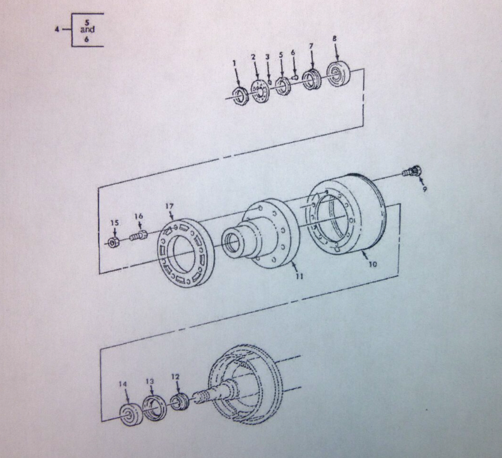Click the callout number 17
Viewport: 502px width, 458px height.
[169, 206]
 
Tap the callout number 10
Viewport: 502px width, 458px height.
[373, 264]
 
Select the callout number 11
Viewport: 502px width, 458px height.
[300, 276]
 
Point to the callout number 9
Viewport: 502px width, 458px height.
[425, 189]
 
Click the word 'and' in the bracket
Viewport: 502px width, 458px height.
[87, 30]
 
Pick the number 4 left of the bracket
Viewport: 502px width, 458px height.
[57, 29]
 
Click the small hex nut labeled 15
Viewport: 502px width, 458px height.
[113, 243]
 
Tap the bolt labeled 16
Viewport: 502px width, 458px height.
[138, 236]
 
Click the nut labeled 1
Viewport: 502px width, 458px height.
[239, 96]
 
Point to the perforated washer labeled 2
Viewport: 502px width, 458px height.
[259, 92]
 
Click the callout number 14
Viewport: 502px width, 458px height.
[123, 383]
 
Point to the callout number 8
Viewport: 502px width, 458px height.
[334, 39]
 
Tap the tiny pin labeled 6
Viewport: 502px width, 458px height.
[295, 77]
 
